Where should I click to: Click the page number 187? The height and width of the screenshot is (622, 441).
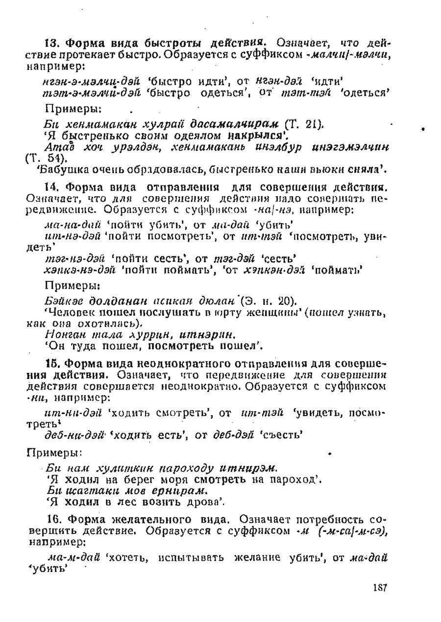click(x=379, y=588)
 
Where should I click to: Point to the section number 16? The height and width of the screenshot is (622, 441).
click(x=53, y=519)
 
